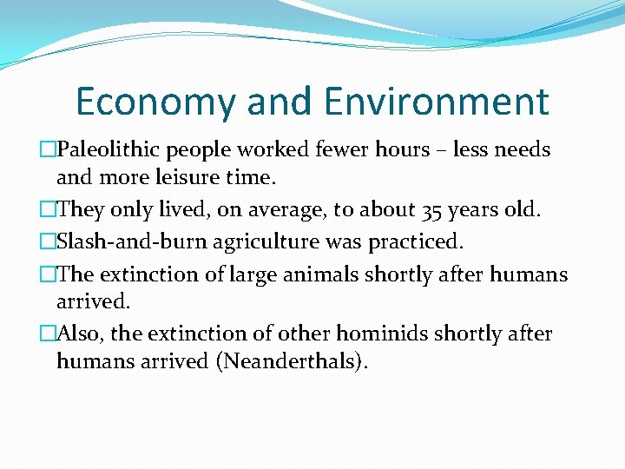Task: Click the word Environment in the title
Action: [x=437, y=102]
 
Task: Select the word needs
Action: [x=523, y=149]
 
